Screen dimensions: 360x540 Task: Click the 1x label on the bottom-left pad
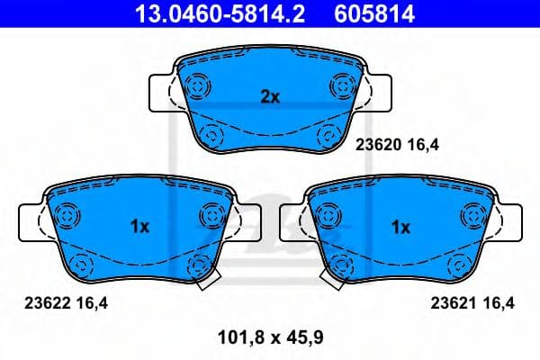pos(139,228)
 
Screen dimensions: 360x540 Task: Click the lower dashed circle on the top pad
pos(212,136)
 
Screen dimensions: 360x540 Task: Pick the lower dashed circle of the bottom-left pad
pos(82,265)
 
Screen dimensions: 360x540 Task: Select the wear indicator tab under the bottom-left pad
pos(206,280)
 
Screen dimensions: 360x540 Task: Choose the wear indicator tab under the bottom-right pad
pos(335,280)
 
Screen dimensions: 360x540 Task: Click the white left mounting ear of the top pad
pos(162,93)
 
